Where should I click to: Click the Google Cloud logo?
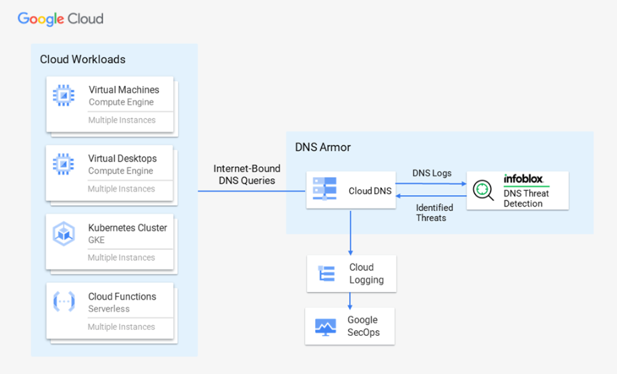[x=60, y=18]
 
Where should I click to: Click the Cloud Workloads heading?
[x=82, y=60]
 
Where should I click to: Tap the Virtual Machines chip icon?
[x=64, y=96]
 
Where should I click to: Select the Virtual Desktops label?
[x=122, y=159]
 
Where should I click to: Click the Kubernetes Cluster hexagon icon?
[x=64, y=234]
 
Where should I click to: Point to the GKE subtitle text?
[x=96, y=240]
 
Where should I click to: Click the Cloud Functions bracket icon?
[x=64, y=302]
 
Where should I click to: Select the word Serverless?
[x=109, y=309]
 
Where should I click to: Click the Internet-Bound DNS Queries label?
[x=247, y=174]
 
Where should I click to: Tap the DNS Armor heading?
[x=323, y=147]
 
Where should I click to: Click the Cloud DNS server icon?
[x=326, y=190]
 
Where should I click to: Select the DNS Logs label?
[x=432, y=173]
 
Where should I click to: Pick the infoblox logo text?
[x=523, y=179]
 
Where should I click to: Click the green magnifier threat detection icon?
[x=482, y=190]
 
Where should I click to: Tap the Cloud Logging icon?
[x=327, y=273]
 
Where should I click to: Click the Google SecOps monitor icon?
[x=326, y=326]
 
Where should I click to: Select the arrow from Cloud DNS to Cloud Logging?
[x=351, y=232]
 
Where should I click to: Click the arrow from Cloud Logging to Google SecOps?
[x=351, y=300]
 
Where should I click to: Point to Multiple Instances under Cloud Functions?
[x=121, y=327]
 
